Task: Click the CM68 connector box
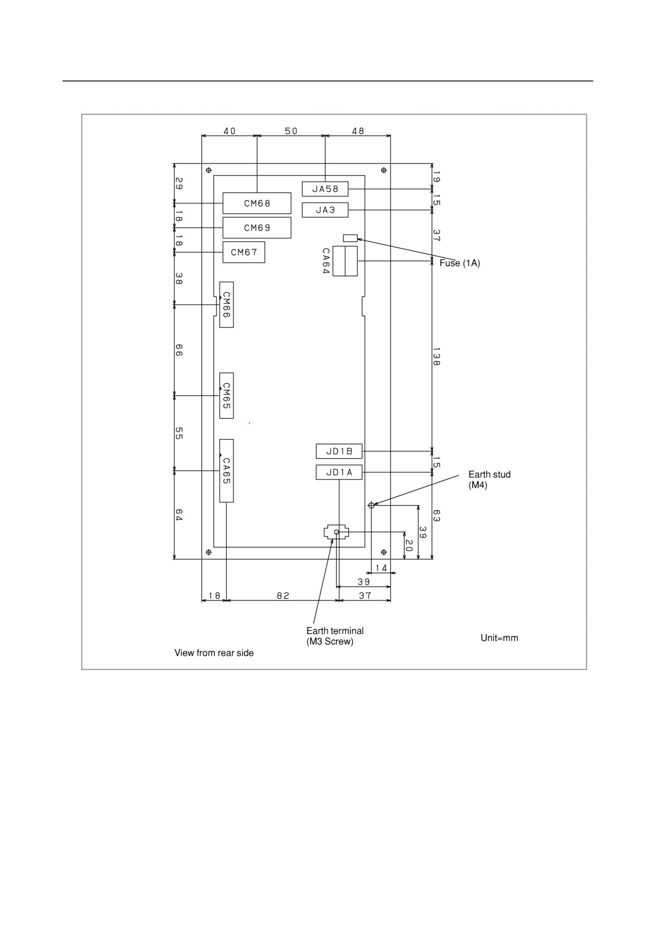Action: pos(257,203)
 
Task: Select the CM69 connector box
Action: pos(257,228)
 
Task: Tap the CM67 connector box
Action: pos(244,252)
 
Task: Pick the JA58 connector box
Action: pos(325,189)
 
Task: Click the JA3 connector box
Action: pos(325,210)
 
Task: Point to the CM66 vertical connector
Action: pos(226,304)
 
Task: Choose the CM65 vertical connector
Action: pos(226,396)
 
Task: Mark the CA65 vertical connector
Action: pos(226,471)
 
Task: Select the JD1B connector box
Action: pos(339,451)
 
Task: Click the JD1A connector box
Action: pos(339,472)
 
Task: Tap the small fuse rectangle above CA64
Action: pos(350,238)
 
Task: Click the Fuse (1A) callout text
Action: pos(460,263)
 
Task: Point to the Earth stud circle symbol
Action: pos(372,505)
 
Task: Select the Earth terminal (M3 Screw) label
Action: pos(335,636)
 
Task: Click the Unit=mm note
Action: pos(499,638)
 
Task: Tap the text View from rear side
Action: pos(214,653)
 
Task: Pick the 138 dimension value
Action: pos(436,356)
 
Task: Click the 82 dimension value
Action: pos(283,596)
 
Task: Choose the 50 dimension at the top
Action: pos(291,131)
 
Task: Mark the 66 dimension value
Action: pos(179,350)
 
